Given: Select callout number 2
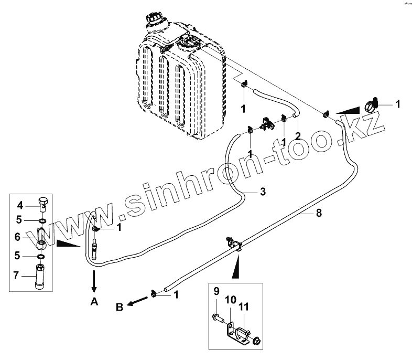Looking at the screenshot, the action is click(297, 136).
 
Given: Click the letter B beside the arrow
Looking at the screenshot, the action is click(120, 307).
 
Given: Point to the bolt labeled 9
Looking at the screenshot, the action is click(219, 317).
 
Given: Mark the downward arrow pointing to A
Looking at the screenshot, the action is click(94, 282).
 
